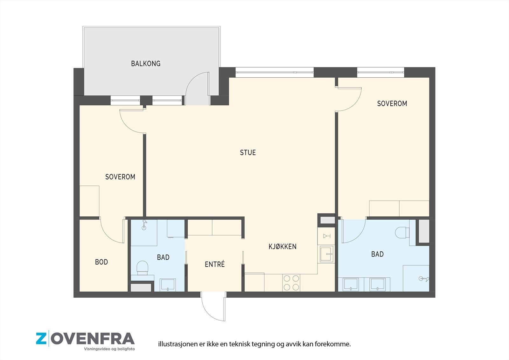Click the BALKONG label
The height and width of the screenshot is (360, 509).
coord(146,63)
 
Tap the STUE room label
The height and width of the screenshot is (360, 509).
coord(248,152)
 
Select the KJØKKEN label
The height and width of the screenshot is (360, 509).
coord(282,246)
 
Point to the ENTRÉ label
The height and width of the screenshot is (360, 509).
coord(215,264)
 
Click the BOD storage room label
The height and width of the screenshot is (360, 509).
coord(101,262)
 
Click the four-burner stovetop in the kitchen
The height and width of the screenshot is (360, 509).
coord(291,283)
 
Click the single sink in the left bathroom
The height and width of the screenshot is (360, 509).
coord(168,285)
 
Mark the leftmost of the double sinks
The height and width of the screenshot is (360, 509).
coord(351,284)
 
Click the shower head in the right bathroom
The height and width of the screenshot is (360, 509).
coord(424,279)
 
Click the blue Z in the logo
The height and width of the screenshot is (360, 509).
coord(41,339)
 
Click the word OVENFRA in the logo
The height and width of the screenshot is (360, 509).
coord(93,339)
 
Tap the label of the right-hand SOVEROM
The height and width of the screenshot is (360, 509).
coord(392,103)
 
